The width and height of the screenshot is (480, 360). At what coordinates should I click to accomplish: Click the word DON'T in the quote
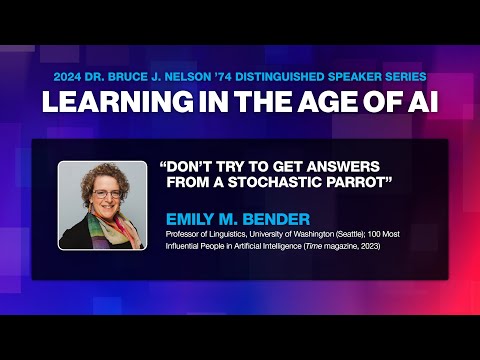pos(189,165)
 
